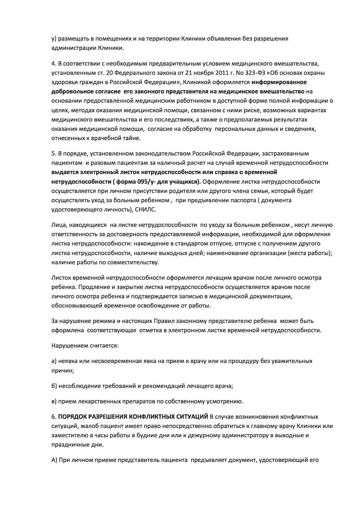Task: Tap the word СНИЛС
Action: (x=146, y=209)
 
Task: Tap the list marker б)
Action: (x=54, y=386)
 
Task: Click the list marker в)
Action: (x=54, y=401)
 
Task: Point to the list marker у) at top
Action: (x=54, y=39)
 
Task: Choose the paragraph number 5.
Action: (x=53, y=153)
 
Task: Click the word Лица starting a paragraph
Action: (x=59, y=225)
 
